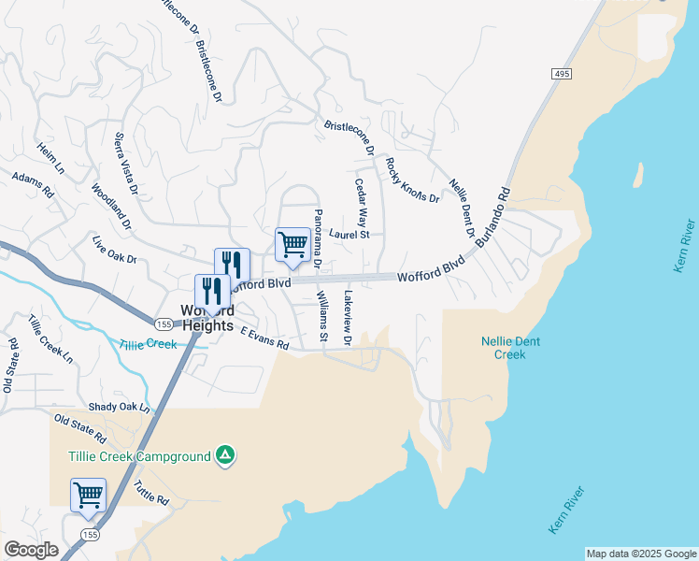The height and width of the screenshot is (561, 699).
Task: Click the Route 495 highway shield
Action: pyautogui.click(x=561, y=74)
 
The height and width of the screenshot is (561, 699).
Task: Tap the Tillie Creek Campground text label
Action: pyautogui.click(x=138, y=456)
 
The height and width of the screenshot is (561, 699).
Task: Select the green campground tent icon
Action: pyautogui.click(x=224, y=455)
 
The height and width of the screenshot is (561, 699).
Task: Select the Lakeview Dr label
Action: pyautogui.click(x=347, y=317)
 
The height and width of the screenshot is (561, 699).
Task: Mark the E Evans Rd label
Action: pyautogui.click(x=264, y=338)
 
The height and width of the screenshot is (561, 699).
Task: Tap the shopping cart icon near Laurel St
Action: pyautogui.click(x=292, y=245)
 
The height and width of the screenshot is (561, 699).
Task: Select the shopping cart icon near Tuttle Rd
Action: pyautogui.click(x=88, y=494)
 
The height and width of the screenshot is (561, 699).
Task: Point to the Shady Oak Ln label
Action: pyautogui.click(x=119, y=407)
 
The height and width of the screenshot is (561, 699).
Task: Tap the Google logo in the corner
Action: pyautogui.click(x=31, y=550)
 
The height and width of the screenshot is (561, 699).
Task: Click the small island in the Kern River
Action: pyautogui.click(x=639, y=174)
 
